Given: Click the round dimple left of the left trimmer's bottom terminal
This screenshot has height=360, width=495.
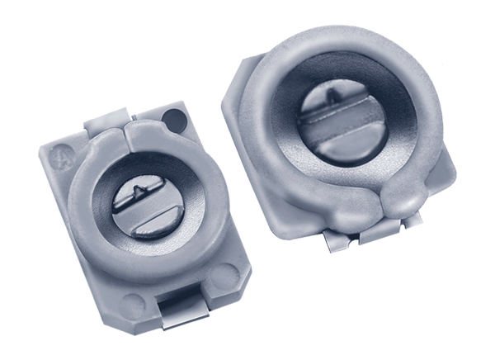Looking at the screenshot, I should [132, 301].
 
